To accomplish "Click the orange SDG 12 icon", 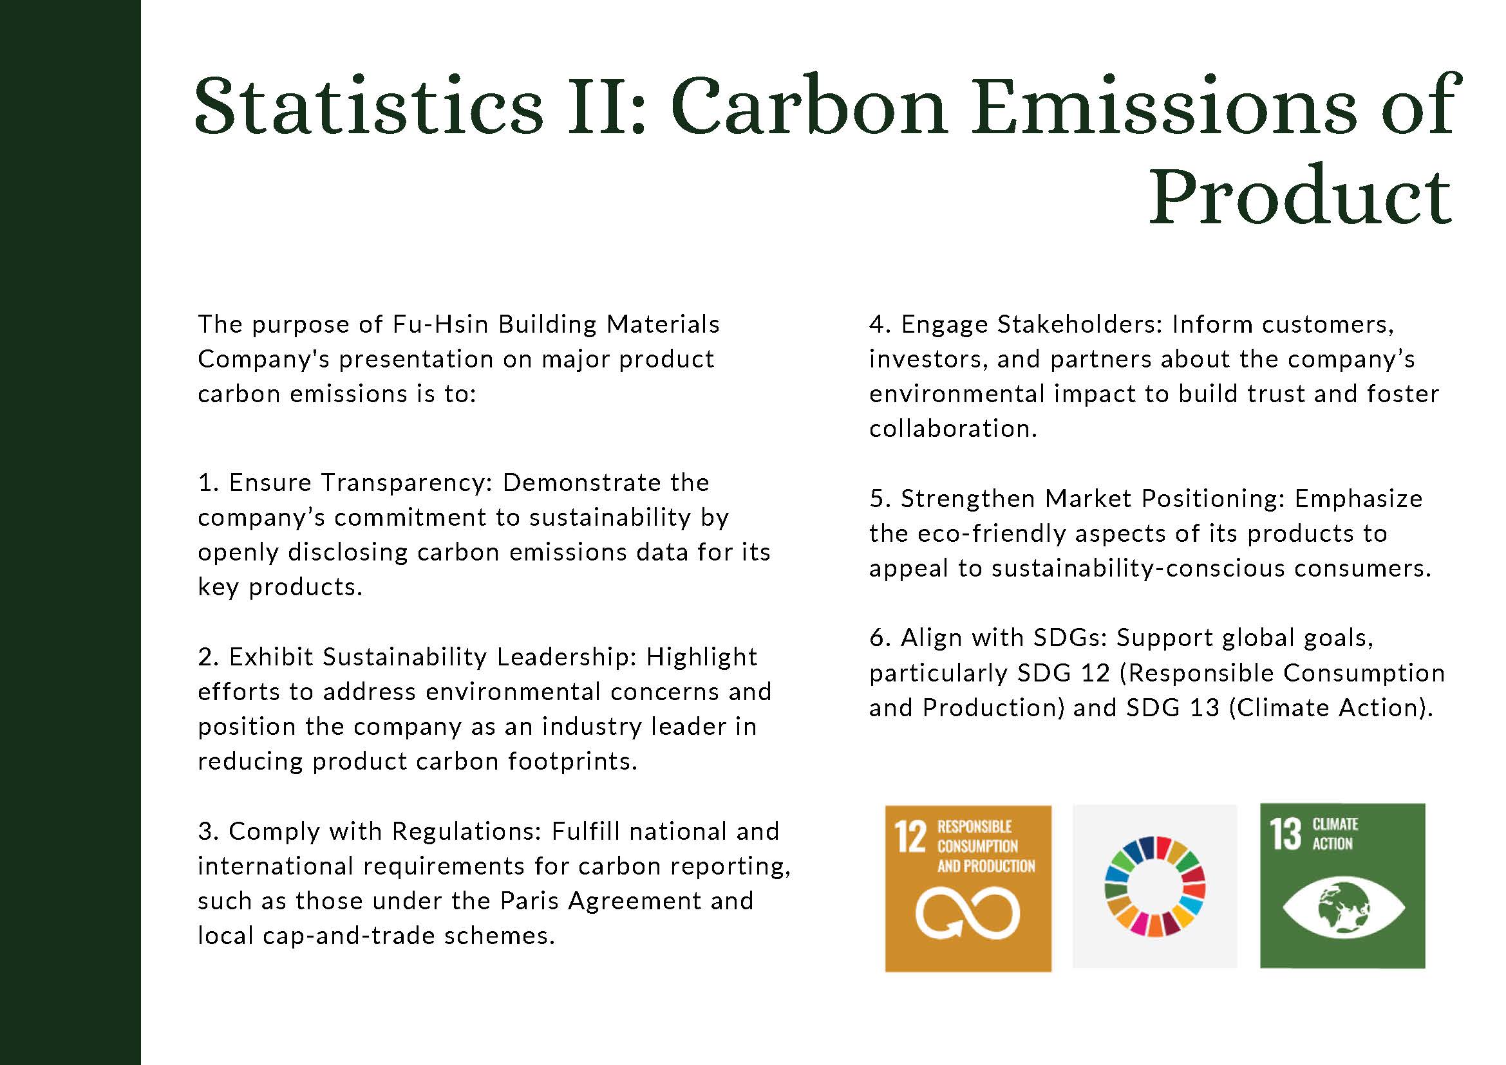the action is [968, 889].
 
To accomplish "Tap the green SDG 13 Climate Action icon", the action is [1342, 886].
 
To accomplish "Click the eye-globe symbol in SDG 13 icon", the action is [1343, 908].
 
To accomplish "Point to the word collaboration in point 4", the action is [953, 429].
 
